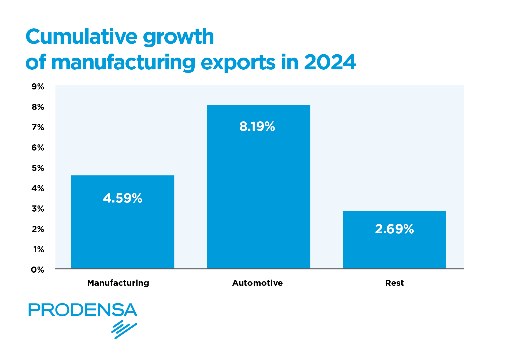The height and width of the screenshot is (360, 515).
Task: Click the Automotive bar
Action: (x=258, y=187)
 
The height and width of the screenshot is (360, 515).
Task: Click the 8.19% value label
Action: (x=257, y=126)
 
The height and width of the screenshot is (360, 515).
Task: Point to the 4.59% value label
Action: (x=123, y=198)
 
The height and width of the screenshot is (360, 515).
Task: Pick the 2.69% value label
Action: (x=394, y=229)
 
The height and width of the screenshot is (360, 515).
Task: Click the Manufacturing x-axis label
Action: (x=118, y=283)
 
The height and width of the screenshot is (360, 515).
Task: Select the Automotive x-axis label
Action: (x=257, y=283)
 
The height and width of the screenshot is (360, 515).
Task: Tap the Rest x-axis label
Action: (x=394, y=283)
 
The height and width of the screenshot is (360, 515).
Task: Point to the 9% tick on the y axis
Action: (x=38, y=87)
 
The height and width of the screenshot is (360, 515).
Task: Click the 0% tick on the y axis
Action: (x=38, y=270)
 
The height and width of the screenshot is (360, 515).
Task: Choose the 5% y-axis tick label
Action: (x=38, y=168)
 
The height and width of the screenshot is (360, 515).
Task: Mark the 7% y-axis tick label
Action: (x=38, y=127)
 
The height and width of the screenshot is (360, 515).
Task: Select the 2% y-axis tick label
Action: (x=38, y=229)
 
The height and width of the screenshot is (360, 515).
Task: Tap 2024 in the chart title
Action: (x=330, y=62)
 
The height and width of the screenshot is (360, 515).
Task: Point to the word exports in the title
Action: (x=238, y=63)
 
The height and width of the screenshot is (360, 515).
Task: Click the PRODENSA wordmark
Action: (x=83, y=310)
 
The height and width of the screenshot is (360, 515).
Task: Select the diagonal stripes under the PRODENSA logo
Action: (x=124, y=329)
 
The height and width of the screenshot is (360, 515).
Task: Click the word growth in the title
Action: (x=179, y=37)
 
